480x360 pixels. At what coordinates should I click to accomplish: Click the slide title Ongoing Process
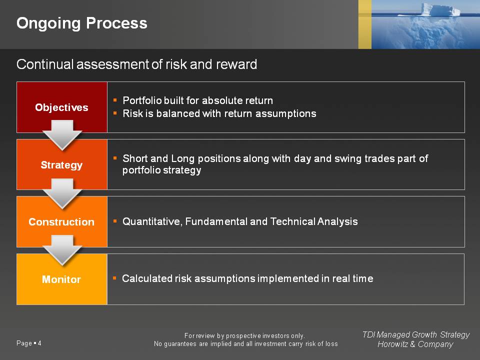(81, 23)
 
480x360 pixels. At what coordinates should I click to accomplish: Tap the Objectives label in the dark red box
(61, 107)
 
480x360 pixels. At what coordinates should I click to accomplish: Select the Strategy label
(61, 165)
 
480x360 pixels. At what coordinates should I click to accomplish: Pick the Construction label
(61, 222)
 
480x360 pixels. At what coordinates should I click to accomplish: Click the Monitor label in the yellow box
(61, 279)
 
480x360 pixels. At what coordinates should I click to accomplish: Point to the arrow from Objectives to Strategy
(62, 135)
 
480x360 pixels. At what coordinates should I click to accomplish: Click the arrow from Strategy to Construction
(62, 194)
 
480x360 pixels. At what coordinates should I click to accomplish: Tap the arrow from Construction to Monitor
(62, 250)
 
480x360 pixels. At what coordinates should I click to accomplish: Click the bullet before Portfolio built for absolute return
(115, 100)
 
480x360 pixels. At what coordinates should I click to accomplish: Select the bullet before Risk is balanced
(115, 113)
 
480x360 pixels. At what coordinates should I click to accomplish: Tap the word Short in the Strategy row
(135, 158)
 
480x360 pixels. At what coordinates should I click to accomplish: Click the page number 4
(39, 343)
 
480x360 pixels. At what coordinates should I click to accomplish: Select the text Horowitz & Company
(415, 344)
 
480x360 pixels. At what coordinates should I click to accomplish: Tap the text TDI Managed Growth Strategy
(416, 334)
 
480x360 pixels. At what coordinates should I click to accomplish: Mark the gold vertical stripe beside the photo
(365, 24)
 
